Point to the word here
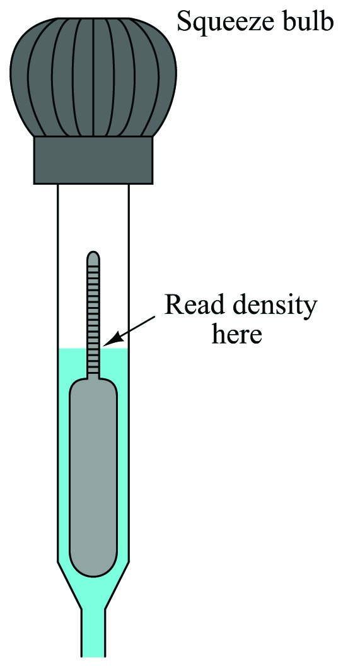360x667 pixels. click(236, 334)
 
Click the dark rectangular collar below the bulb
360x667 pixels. click(93, 160)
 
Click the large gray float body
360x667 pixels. click(93, 477)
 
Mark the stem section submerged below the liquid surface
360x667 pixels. click(93, 363)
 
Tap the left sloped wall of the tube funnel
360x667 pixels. click(69, 585)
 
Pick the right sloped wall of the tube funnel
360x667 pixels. click(117, 585)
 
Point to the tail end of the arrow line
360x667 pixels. click(154, 316)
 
